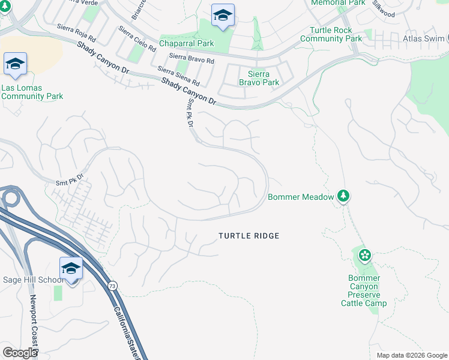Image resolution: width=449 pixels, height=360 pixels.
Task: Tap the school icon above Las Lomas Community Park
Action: pyautogui.click(x=15, y=64)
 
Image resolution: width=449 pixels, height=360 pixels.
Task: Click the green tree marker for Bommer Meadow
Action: pyautogui.click(x=343, y=196)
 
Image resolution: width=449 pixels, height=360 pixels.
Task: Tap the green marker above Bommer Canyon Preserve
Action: pyautogui.click(x=364, y=256)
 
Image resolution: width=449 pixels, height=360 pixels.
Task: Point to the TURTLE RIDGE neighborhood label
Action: pyautogui.click(x=249, y=236)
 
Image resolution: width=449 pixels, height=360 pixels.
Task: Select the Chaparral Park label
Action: pyautogui.click(x=186, y=44)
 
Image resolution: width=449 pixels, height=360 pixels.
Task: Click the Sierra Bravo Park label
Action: pyautogui.click(x=259, y=78)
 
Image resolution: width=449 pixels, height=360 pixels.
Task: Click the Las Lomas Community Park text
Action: pyautogui.click(x=32, y=91)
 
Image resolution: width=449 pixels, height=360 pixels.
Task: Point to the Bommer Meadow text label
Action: pyautogui.click(x=300, y=197)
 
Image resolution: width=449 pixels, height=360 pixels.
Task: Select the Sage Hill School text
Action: pyautogui.click(x=33, y=280)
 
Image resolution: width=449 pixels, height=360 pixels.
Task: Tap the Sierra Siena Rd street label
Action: pyautogui.click(x=179, y=77)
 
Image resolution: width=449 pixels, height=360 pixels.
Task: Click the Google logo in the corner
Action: pyautogui.click(x=20, y=353)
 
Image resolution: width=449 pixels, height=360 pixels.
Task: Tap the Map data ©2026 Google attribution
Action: pyautogui.click(x=411, y=355)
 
